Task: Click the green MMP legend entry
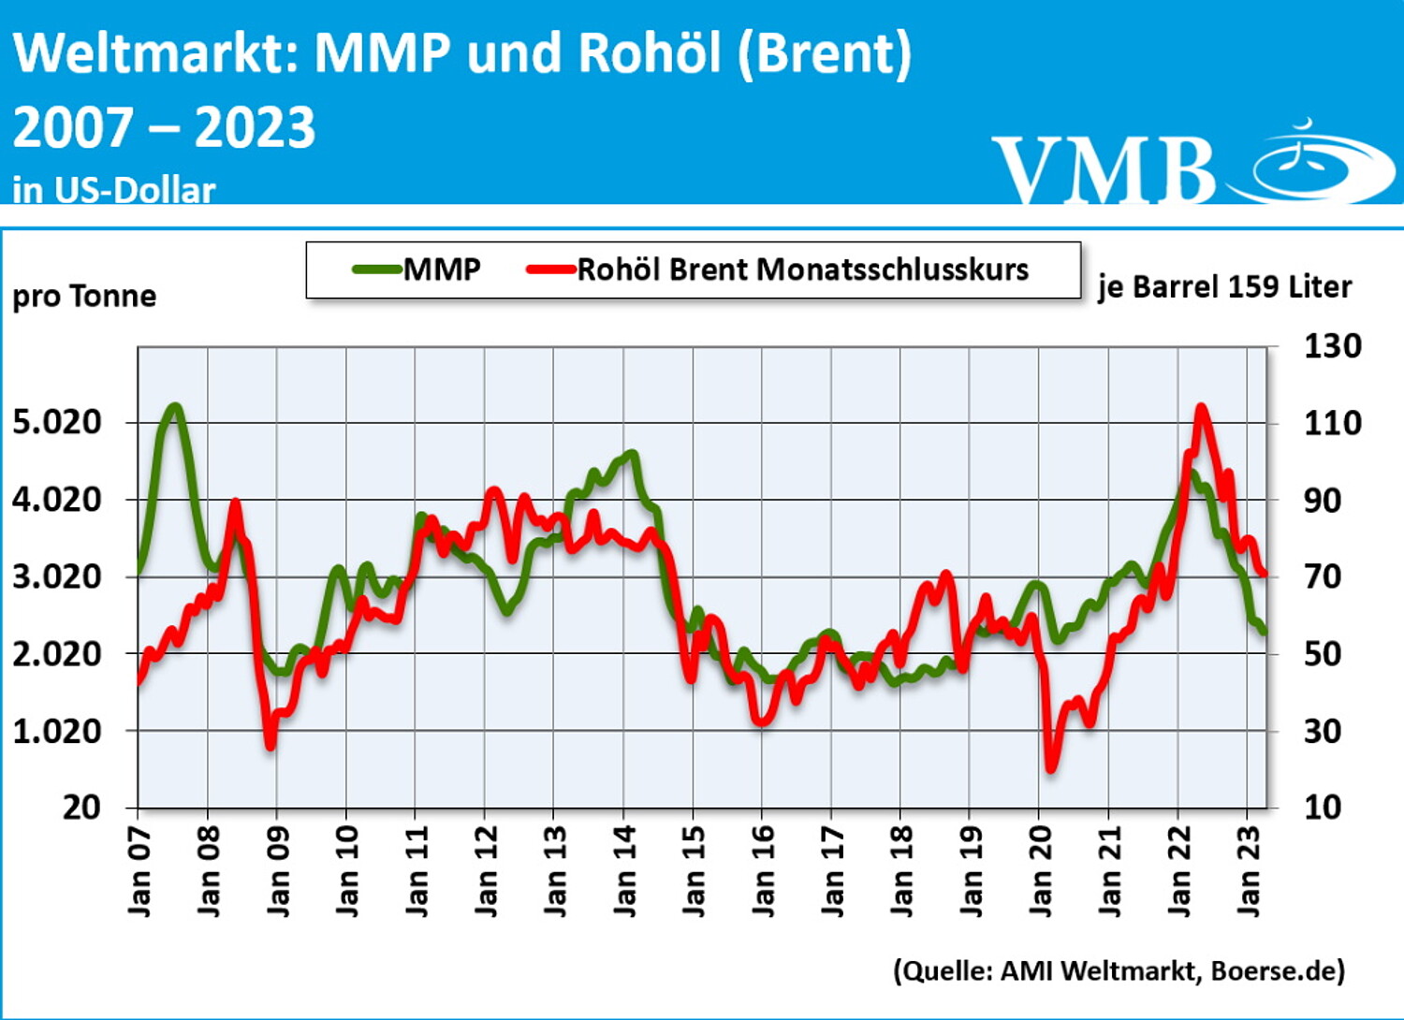tap(417, 270)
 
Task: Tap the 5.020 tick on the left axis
tap(57, 422)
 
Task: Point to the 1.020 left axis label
tap(57, 731)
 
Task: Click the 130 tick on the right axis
tap(1333, 346)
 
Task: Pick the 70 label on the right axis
tap(1323, 576)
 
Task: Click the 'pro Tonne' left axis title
tap(84, 296)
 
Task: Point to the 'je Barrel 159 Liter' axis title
tap(1224, 286)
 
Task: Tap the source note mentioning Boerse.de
tap(1119, 970)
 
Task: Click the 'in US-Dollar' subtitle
tap(114, 190)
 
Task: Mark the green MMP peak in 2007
tap(174, 406)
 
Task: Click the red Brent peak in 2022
tap(1201, 407)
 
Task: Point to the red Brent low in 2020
tap(1051, 767)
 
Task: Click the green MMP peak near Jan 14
tap(632, 454)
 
